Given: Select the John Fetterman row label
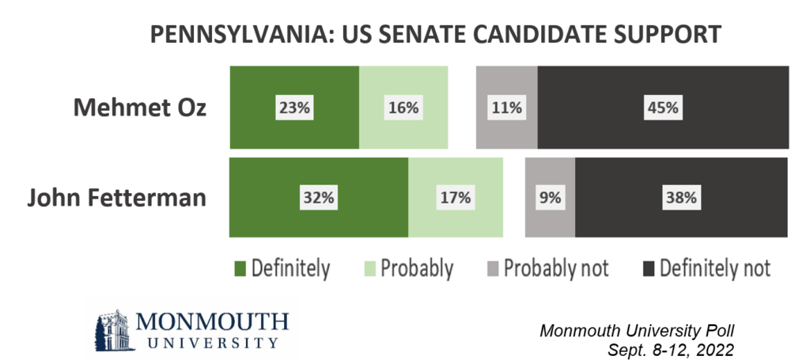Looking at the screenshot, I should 116,197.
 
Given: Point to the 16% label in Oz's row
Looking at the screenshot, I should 402,108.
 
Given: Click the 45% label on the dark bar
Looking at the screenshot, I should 663,108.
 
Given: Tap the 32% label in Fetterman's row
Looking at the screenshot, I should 316,198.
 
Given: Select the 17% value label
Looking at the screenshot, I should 455,198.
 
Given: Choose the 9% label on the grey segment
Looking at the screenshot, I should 550,198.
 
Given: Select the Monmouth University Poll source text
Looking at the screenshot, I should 643,329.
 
